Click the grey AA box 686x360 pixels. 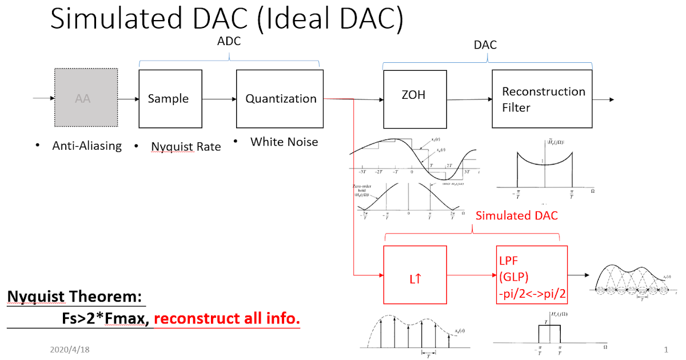[x=83, y=98]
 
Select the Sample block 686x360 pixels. [x=170, y=98]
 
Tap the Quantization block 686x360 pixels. [x=280, y=98]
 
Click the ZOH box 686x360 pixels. [x=414, y=98]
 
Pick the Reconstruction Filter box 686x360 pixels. [x=542, y=98]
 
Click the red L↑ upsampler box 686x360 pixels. [x=415, y=275]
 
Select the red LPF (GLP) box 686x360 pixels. [x=532, y=275]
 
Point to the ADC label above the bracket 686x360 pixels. [x=229, y=42]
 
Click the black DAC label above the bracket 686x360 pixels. [x=485, y=45]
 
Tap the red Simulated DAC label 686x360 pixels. [x=516, y=215]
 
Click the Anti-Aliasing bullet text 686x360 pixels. [x=87, y=146]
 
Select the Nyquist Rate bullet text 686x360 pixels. [x=186, y=147]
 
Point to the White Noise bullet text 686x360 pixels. [x=284, y=142]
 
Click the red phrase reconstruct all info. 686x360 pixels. [x=227, y=319]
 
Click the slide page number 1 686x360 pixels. [x=666, y=349]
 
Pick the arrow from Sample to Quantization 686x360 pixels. [x=219, y=99]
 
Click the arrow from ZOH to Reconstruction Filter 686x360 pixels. [x=469, y=101]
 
